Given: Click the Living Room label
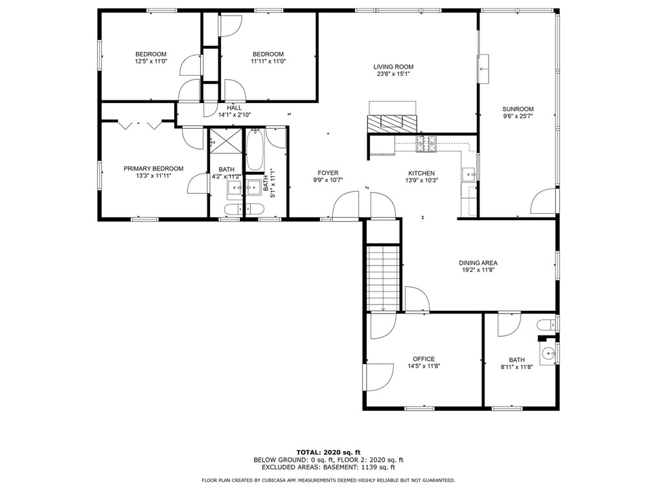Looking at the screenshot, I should [x=393, y=67].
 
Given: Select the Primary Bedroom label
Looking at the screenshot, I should [x=153, y=168].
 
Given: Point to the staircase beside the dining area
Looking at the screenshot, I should [x=382, y=277].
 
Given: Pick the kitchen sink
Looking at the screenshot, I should [x=468, y=174].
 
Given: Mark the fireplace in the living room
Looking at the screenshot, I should [x=392, y=122].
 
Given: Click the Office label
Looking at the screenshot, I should [x=424, y=359].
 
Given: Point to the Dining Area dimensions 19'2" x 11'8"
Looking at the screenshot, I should [x=478, y=271].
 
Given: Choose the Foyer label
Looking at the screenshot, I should [x=328, y=173].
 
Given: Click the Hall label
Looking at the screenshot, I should [x=234, y=108].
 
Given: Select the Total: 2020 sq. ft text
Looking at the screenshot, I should [x=328, y=452].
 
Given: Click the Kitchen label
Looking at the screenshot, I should [x=421, y=173].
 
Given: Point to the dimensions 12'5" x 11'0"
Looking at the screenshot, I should [x=150, y=62].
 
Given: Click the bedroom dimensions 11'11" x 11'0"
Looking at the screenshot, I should [x=268, y=62].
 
